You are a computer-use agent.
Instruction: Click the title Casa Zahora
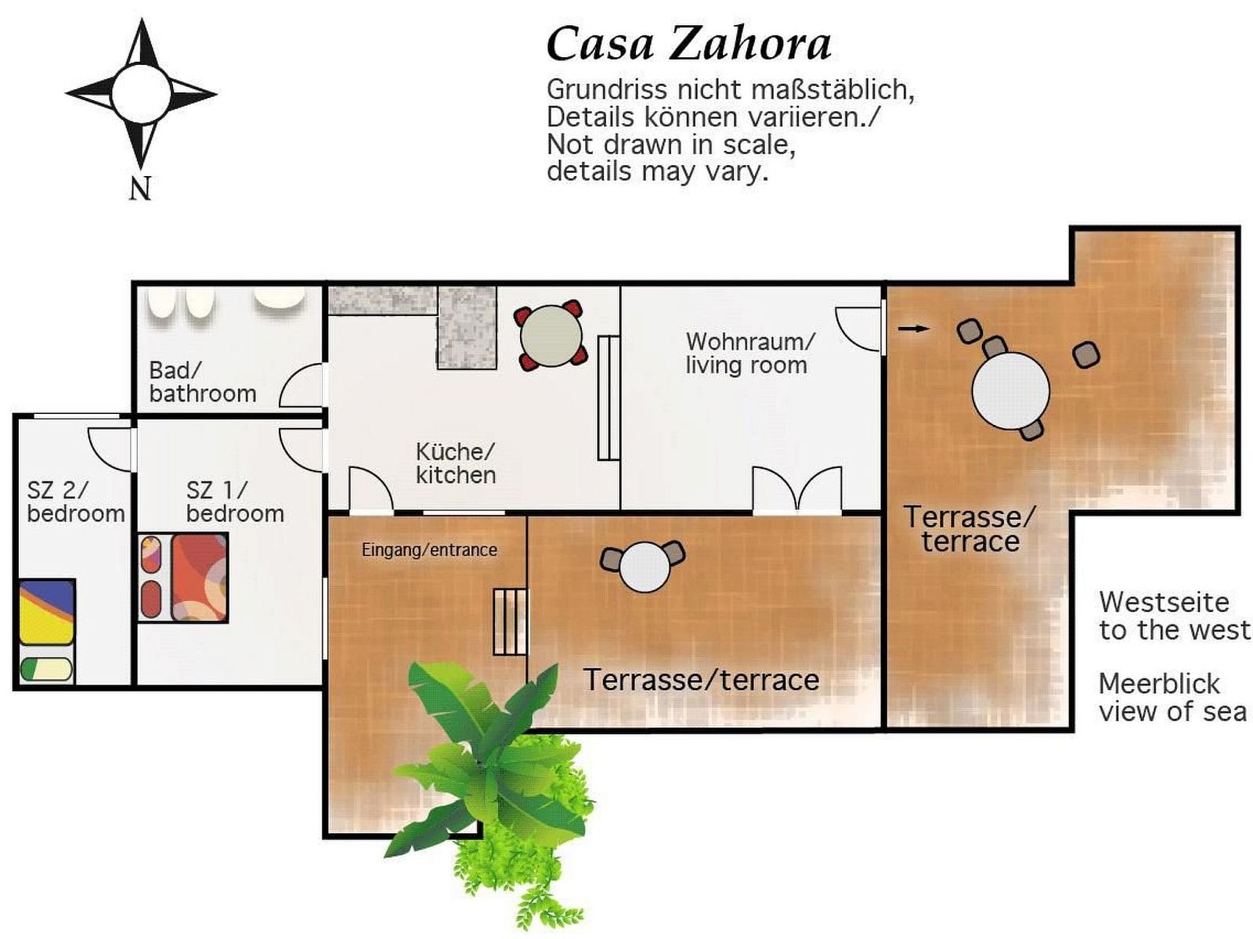pos(689,45)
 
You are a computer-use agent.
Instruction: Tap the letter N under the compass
pos(140,188)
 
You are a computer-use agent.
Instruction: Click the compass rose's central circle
pos(141,94)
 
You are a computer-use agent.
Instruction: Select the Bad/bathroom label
pos(203,382)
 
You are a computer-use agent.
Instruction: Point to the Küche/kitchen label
pos(456,463)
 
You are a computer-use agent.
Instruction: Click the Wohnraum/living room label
pos(750,354)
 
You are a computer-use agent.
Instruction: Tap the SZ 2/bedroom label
pos(76,502)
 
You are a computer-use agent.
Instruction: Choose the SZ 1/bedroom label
pos(235,502)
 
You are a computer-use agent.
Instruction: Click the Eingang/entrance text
pos(429,550)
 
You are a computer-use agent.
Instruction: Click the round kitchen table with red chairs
pos(551,335)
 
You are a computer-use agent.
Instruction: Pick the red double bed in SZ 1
pos(200,577)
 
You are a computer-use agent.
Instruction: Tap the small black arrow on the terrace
pos(913,329)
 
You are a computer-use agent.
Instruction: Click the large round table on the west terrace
pos(1010,391)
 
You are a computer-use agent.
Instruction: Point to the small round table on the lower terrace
pos(645,567)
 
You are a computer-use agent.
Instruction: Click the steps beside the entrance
pos(511,622)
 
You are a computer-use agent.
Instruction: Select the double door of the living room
pos(797,489)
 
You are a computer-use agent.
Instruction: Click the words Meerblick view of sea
pos(1172,697)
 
